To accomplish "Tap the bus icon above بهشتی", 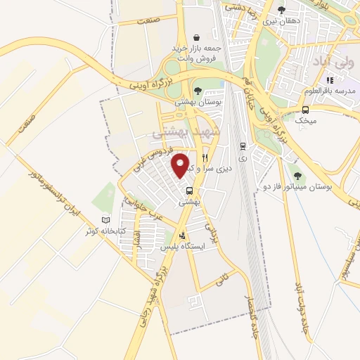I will pyautogui.click(x=189, y=191).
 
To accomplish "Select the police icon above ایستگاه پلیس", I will pyautogui.click(x=184, y=236).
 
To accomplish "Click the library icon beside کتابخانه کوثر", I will pyautogui.click(x=106, y=220).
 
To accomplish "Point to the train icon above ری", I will pyautogui.click(x=243, y=146).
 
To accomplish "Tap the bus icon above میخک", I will pyautogui.click(x=306, y=109).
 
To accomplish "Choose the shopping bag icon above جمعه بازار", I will pyautogui.click(x=197, y=37).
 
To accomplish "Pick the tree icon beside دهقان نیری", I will pyautogui.click(x=281, y=10).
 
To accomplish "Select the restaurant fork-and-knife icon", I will pyautogui.click(x=205, y=157).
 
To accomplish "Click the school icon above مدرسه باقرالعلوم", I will pyautogui.click(x=330, y=80).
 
